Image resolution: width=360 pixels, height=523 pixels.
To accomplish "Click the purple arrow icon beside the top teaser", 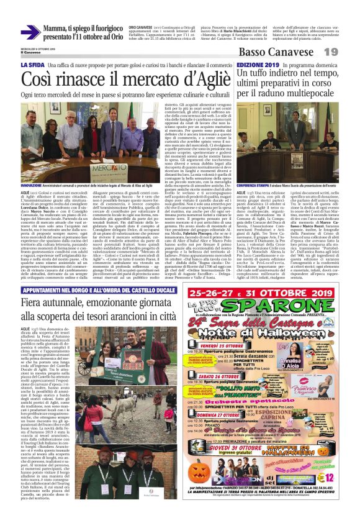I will coord(30,32).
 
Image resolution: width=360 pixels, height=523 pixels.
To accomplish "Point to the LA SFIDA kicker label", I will coord(32,65).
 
